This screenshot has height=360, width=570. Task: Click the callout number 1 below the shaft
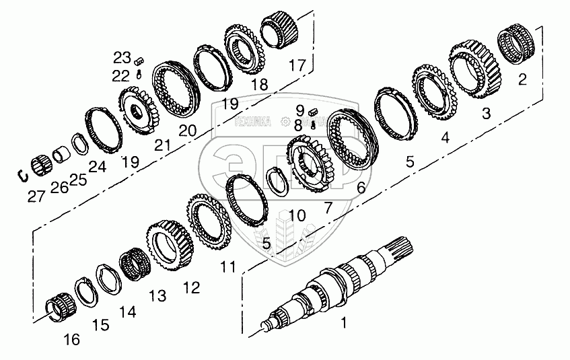[344, 324]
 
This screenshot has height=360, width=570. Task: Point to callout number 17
[297, 65]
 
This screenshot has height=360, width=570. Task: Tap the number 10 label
[297, 215]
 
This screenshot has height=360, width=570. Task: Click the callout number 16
[72, 340]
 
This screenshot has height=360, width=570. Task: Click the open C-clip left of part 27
[22, 176]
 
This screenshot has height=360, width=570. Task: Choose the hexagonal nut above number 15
[109, 278]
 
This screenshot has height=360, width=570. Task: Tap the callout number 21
[163, 146]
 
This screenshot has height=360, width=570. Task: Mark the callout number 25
[79, 180]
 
